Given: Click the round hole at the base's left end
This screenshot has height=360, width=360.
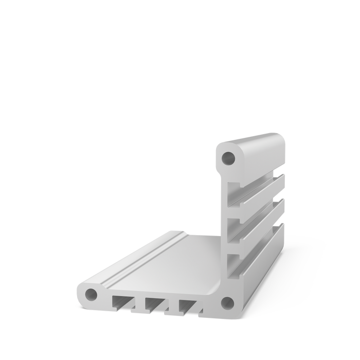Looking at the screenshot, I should pyautogui.click(x=91, y=295).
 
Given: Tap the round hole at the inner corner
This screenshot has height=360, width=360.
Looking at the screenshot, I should pyautogui.click(x=225, y=302).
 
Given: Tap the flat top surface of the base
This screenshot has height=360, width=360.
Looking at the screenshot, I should pyautogui.click(x=175, y=257).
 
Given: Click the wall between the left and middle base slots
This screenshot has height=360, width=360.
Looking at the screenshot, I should pyautogui.click(x=138, y=304).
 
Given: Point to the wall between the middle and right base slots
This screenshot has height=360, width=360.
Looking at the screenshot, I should pyautogui.click(x=172, y=305).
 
